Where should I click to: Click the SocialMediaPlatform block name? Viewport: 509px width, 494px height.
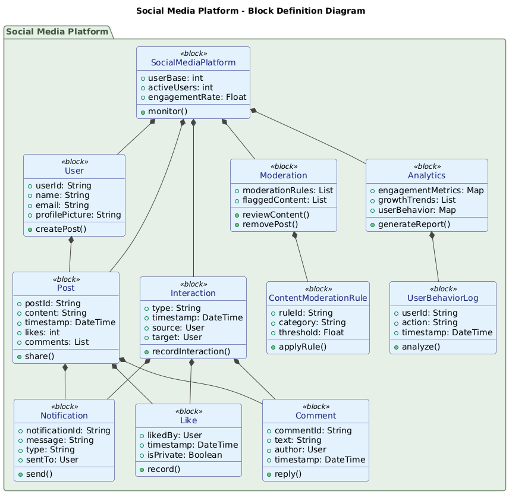[193, 62]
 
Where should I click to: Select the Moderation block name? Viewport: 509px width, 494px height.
[283, 175]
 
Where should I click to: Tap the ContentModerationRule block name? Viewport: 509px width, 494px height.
[318, 298]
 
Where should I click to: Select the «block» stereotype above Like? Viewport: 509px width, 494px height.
[188, 411]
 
